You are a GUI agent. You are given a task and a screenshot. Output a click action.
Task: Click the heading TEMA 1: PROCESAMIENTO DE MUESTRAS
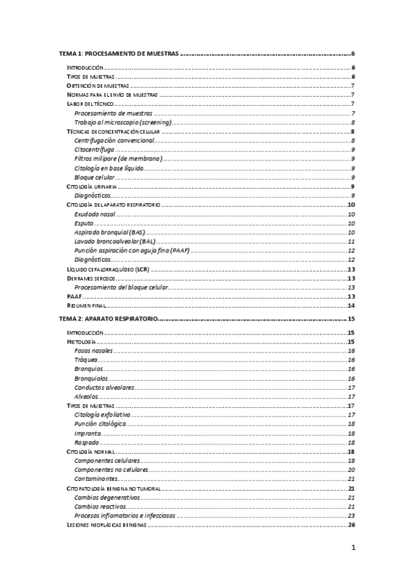[x=118, y=54]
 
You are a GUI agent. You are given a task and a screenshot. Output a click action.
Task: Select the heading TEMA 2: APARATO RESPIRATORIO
[x=109, y=319]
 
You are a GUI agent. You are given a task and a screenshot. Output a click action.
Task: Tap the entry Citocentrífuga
[x=95, y=149]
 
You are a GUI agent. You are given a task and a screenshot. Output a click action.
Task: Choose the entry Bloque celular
[x=95, y=178]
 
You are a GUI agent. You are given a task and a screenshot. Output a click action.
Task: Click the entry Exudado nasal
[x=95, y=215]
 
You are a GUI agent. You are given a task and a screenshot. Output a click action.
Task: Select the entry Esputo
[x=85, y=224]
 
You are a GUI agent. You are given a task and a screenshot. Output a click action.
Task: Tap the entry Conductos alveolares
[x=104, y=388]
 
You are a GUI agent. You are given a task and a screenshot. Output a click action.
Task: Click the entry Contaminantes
[x=99, y=479]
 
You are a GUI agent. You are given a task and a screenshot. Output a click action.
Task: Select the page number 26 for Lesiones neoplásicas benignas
[x=351, y=525]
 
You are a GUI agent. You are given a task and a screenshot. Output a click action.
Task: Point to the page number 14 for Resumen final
[x=351, y=305]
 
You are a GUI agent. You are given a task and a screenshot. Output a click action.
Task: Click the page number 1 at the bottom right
[x=352, y=550]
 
